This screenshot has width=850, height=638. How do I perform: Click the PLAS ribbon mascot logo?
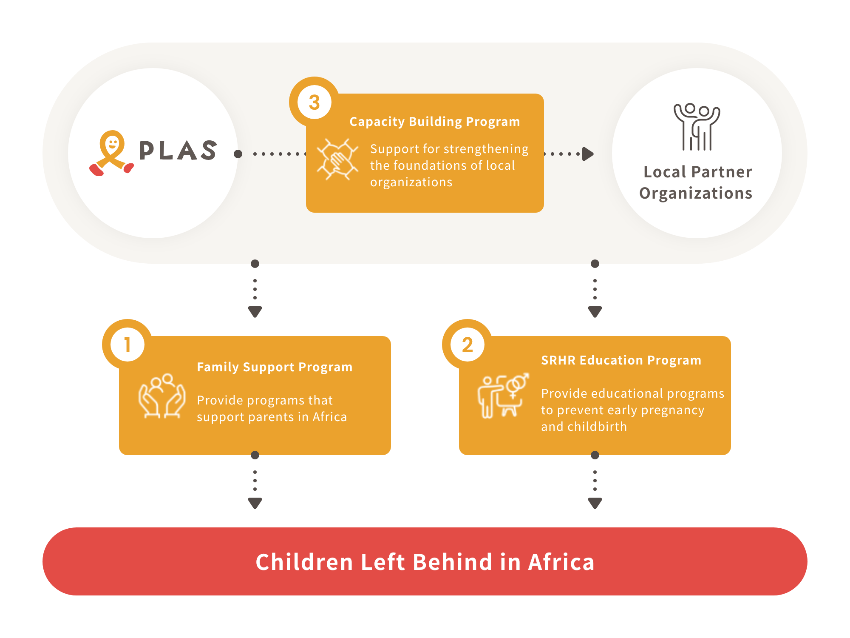click(x=111, y=153)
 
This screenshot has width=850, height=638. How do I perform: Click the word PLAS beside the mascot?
click(x=178, y=150)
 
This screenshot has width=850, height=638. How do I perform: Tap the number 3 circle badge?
click(x=314, y=102)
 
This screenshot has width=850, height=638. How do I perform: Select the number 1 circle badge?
click(x=127, y=345)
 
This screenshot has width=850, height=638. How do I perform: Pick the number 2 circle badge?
click(x=467, y=345)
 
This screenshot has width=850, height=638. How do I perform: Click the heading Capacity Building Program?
click(x=435, y=122)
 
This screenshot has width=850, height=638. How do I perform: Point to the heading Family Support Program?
click(x=275, y=367)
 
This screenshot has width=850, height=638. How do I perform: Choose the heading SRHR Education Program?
click(x=621, y=360)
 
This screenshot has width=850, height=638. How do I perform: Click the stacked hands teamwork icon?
click(x=337, y=159)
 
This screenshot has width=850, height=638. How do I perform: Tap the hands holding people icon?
click(x=162, y=396)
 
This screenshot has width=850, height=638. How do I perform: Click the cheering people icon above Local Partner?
click(x=697, y=127)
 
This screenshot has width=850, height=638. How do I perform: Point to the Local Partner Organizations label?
click(x=697, y=182)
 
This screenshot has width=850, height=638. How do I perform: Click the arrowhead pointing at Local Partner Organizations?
click(x=588, y=154)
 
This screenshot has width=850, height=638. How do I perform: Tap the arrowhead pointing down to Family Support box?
click(x=255, y=312)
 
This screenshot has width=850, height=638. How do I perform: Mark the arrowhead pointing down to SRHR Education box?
click(x=595, y=312)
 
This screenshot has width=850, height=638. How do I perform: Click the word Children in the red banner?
click(x=304, y=562)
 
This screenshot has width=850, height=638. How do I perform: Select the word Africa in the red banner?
click(x=561, y=562)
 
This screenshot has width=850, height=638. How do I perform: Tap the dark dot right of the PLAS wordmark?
click(x=238, y=154)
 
